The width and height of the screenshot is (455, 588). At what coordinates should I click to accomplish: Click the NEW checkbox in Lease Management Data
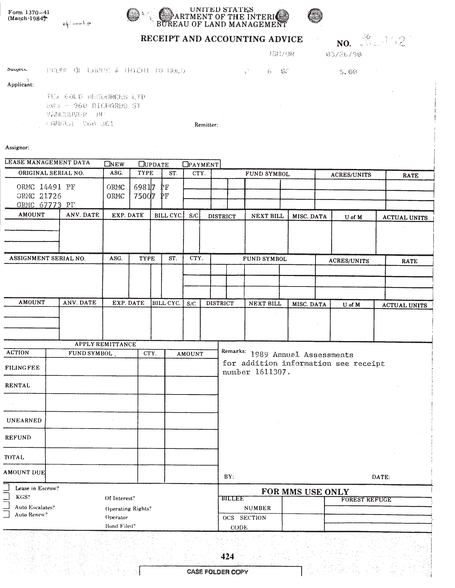pyautogui.click(x=107, y=164)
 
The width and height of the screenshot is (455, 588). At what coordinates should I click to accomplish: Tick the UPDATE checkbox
pyautogui.click(x=141, y=164)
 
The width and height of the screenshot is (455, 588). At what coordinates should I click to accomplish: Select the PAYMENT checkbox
pyautogui.click(x=185, y=164)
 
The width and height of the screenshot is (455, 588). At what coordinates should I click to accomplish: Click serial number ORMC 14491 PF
pyautogui.click(x=46, y=187)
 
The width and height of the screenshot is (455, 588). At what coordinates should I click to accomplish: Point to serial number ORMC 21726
pyautogui.click(x=39, y=196)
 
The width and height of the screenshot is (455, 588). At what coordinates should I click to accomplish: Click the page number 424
pyautogui.click(x=227, y=556)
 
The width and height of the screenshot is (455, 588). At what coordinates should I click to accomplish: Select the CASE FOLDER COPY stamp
pyautogui.click(x=218, y=572)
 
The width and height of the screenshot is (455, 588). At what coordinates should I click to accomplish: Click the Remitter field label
pyautogui.click(x=206, y=125)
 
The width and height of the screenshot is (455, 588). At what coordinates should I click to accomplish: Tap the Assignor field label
pyautogui.click(x=17, y=148)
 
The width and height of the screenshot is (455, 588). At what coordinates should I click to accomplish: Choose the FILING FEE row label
pyautogui.click(x=22, y=368)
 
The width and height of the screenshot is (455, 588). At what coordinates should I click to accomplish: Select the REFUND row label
pyautogui.click(x=18, y=437)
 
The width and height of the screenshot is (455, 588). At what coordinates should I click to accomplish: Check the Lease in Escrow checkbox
pyautogui.click(x=6, y=487)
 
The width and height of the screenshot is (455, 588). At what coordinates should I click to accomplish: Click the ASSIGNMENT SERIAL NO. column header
pyautogui.click(x=47, y=259)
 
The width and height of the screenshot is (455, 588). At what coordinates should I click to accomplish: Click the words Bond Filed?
pyautogui.click(x=120, y=526)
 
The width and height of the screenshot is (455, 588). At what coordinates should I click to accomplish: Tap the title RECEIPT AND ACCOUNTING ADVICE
pyautogui.click(x=222, y=39)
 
